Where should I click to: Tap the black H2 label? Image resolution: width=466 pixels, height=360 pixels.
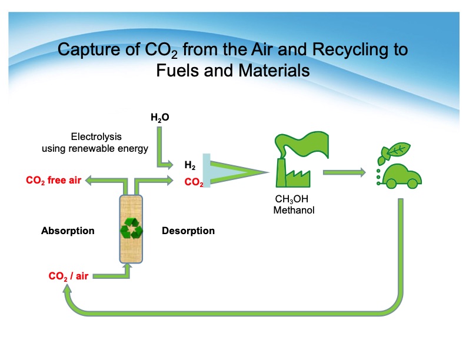pos(189,165)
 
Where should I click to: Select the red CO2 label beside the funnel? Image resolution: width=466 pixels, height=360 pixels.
pos(194,182)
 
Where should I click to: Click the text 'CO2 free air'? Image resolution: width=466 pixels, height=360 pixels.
pos(54,180)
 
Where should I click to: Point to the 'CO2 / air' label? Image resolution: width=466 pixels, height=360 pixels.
pos(68,275)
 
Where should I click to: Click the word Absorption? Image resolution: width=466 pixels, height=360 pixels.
pos(68,231)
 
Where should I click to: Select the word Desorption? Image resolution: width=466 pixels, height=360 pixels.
pos(188,231)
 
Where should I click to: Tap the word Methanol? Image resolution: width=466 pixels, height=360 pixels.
pos(294,209)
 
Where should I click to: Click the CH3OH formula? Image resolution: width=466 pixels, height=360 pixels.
pos(292,199)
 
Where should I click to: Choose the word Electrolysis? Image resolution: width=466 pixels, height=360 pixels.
pos(94,136)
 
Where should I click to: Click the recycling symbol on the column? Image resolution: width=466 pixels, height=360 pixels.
pos(131,228)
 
